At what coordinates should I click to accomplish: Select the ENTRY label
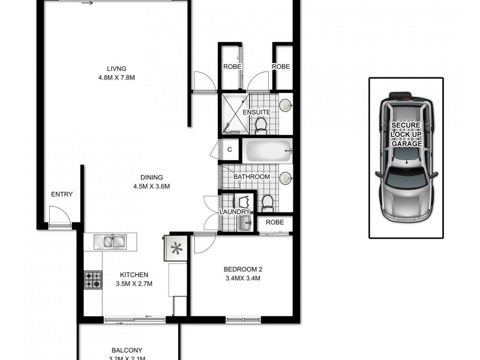click(62, 194)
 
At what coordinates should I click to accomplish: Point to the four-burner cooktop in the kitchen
click(92, 280)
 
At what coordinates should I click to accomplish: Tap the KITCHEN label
click(134, 275)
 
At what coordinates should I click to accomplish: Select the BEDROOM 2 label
click(243, 268)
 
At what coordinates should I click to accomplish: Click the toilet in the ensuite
click(261, 124)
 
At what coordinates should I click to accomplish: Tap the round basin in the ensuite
click(286, 106)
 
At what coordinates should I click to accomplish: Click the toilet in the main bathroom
click(268, 203)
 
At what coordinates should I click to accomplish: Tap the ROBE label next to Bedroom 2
click(275, 222)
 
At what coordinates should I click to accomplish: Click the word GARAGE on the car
click(406, 144)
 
